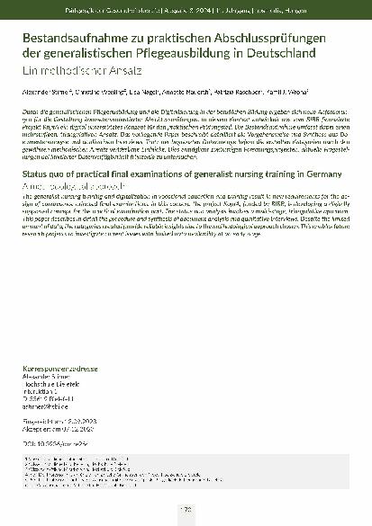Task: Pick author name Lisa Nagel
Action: pos(145,93)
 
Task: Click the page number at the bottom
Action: pos(186,510)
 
